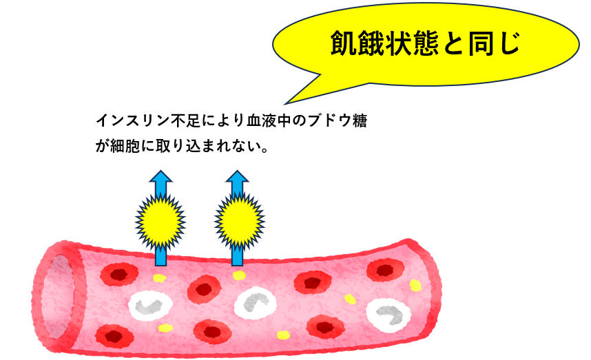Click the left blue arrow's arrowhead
click(x=160, y=180)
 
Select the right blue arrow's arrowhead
click(x=238, y=180)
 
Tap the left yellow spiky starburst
click(x=160, y=220)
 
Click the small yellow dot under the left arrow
click(x=159, y=278)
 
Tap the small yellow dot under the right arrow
click(x=239, y=275)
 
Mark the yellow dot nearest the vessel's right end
click(x=415, y=284)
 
